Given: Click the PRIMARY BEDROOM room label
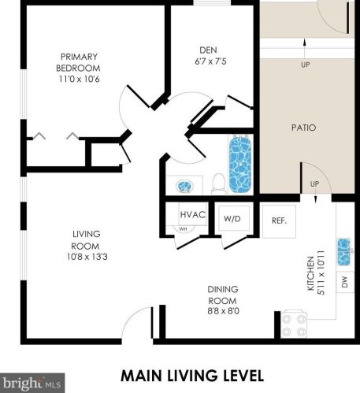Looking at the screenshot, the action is pos(78,62).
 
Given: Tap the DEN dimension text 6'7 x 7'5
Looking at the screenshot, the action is pos(210,61).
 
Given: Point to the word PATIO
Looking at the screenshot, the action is pos(304,128).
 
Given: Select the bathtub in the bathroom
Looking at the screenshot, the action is pos(240,164).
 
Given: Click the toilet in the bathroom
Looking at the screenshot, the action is pos(219,184).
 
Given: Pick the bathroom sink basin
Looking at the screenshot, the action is pos(185,186).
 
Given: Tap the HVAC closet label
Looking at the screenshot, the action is pos(193,214).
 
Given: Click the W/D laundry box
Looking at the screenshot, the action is pos(232,218).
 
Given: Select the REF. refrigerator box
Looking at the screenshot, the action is pos(279,221).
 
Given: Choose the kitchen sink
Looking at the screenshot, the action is pos(344,252).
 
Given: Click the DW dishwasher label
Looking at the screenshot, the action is pos(345,282).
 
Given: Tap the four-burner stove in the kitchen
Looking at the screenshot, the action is pos(294,324).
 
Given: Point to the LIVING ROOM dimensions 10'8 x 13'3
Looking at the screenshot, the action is pos(87,257).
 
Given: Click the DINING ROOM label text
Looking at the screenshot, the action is pos(223,295).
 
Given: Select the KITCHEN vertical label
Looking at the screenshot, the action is pos(310,273).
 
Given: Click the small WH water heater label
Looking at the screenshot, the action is pos(183,229).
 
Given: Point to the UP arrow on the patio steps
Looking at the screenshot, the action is pos(305,49).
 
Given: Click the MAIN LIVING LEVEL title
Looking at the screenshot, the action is pos(192,376).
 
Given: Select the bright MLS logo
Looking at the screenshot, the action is pos(32,383).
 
